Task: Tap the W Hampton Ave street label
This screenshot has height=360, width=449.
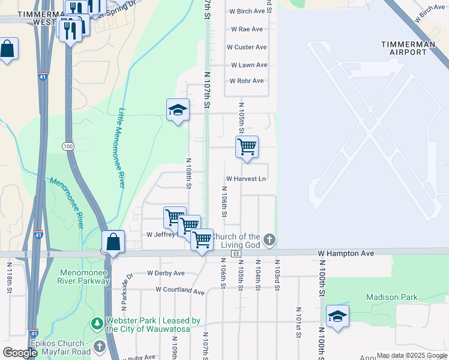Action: point(346,254)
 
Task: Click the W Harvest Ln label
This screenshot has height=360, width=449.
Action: point(246,179)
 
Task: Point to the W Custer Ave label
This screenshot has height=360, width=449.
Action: point(246,47)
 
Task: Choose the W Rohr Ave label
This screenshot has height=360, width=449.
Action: point(246,81)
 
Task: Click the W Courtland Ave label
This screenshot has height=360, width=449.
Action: point(179,290)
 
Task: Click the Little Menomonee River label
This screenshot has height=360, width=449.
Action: point(121,148)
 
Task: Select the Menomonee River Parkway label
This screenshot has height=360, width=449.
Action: point(85,276)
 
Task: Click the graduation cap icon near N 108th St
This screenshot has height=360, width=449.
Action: point(178,109)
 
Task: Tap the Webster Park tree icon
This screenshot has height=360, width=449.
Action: point(97,324)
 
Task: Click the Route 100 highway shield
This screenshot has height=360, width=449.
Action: point(66,146)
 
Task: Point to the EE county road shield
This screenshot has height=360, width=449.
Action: point(236,254)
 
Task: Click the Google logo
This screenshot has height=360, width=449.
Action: point(20,353)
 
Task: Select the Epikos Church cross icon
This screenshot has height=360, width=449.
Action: point(100,347)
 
